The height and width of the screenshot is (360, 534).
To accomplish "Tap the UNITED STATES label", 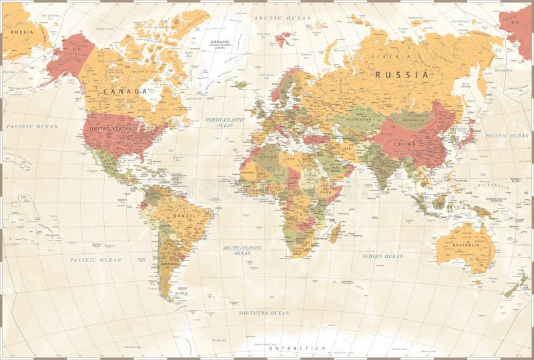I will (x=110, y=128).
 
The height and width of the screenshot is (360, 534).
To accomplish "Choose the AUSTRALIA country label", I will (x=465, y=245).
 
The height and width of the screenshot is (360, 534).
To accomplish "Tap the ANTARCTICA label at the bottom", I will (x=297, y=348).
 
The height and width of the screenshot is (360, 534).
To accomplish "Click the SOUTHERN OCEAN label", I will (x=264, y=313).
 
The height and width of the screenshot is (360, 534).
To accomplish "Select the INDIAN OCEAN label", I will (x=382, y=256).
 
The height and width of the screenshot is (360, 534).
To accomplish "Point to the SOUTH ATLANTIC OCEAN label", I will (x=242, y=250).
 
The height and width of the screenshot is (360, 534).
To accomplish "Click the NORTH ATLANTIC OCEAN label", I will (x=225, y=122).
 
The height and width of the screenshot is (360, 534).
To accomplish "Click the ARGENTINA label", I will (x=170, y=264).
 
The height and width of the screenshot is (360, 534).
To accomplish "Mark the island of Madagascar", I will (x=335, y=232).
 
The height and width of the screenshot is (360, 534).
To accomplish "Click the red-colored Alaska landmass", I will (x=69, y=55).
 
